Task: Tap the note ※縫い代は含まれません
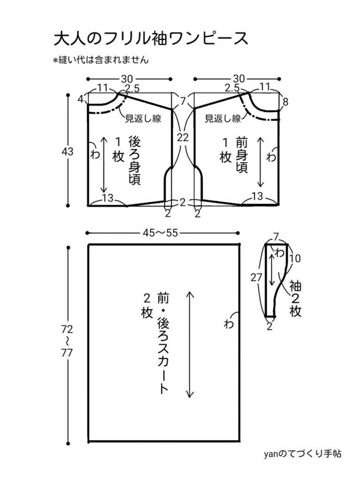[101, 60]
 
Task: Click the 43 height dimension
[68, 152]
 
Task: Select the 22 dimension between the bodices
[183, 138]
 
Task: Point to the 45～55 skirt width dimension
[163, 233]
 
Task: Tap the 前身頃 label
[242, 155]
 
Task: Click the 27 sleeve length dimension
[256, 277]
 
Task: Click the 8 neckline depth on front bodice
[286, 102]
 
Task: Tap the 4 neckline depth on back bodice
[80, 100]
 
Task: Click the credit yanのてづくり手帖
[303, 454]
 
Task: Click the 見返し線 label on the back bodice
[143, 119]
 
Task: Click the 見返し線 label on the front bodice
[223, 119]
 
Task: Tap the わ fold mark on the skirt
[229, 324]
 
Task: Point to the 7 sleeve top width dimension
[276, 237]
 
